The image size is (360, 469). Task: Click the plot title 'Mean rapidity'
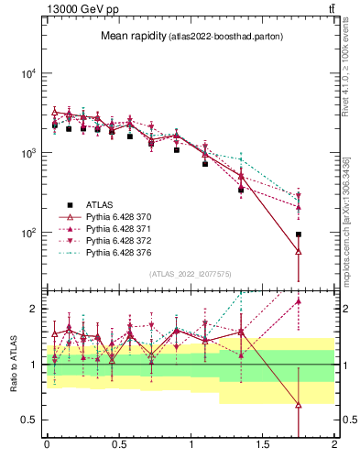[x=132, y=37]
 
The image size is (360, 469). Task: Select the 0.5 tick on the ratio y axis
[x=30, y=420]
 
